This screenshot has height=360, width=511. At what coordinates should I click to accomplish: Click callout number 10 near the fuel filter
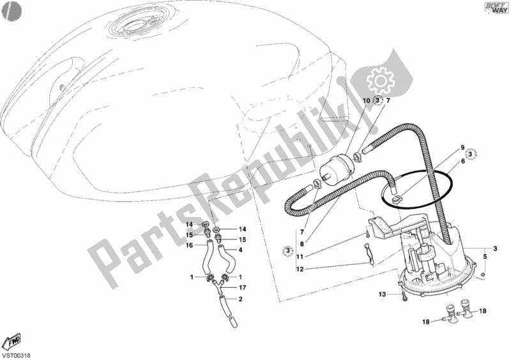(x=367, y=101)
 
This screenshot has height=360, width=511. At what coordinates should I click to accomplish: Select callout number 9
(x=462, y=147)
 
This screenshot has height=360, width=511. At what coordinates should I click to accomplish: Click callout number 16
(x=190, y=244)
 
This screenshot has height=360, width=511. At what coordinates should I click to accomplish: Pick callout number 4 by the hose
(x=241, y=250)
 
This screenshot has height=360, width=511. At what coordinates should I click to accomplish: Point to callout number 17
(x=242, y=287)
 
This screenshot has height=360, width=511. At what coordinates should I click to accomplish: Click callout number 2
(x=240, y=299)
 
